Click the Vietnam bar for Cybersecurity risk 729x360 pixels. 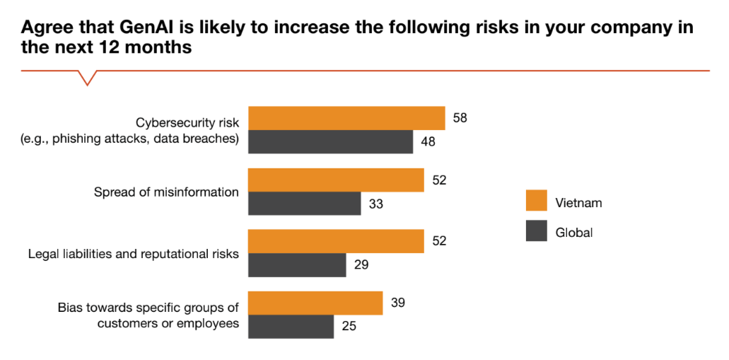[346, 118]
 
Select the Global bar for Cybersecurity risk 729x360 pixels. [330, 141]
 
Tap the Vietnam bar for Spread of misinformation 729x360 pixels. [336, 180]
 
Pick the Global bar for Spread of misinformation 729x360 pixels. [304, 204]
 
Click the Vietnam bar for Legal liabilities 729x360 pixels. [336, 241]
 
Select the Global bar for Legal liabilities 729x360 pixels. [297, 265]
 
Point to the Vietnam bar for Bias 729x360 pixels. [315, 303]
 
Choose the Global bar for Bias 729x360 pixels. [291, 327]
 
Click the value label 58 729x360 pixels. [460, 118]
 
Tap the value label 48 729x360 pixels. [428, 142]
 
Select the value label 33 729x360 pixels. [376, 204]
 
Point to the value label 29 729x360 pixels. [361, 265]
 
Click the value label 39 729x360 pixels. [397, 303]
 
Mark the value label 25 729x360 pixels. [349, 327]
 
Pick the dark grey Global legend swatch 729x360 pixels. [537, 231]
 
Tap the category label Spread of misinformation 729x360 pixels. [166, 192]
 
